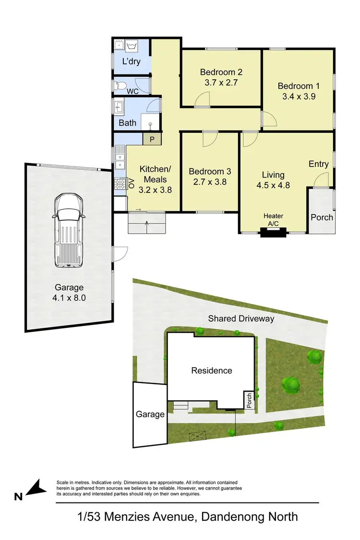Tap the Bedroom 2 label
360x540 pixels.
pos(221,72)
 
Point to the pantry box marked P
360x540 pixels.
pos(152,140)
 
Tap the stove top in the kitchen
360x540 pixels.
pos(119,184)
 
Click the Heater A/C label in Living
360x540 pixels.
pos(273,220)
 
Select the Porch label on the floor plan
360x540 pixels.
pos(322,217)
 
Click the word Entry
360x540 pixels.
pos(319,164)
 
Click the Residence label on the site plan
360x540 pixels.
pos(212,371)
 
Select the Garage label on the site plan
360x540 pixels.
pos(150,414)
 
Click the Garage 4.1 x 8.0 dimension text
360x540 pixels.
pos(69,298)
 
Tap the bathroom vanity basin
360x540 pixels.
pos(119,106)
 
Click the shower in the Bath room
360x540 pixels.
pos(150,123)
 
